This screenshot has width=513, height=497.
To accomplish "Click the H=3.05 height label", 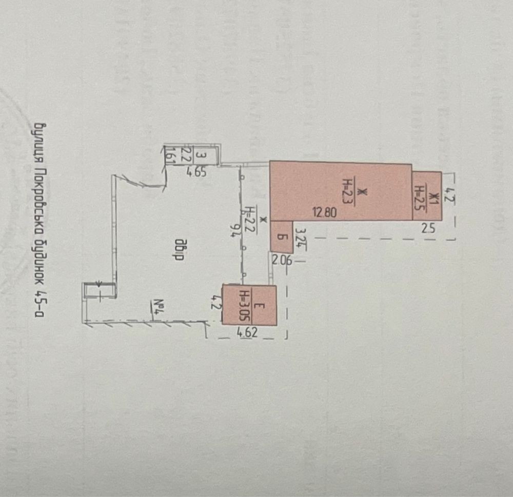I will point(245,306).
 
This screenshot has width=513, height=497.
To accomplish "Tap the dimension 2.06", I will point(281,260).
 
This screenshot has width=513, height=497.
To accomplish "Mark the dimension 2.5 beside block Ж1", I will point(427,229).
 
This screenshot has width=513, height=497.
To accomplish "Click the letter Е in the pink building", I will point(259,306).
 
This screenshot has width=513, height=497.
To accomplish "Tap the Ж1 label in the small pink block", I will point(433,198).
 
